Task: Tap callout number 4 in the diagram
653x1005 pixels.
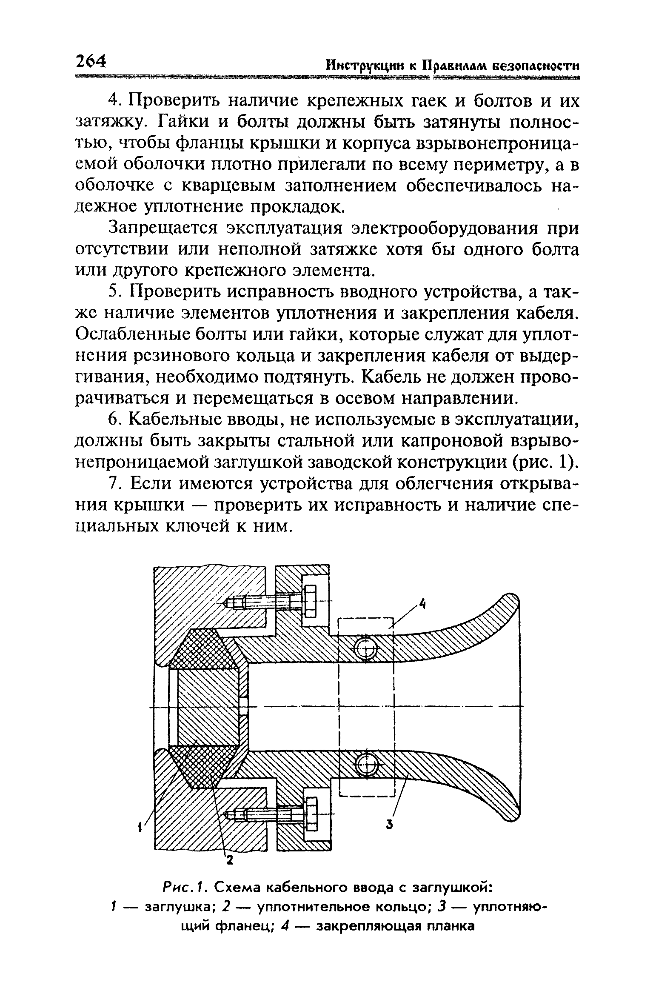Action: point(422,605)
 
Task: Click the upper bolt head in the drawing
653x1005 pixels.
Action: point(310,601)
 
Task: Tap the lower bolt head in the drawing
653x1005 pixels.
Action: point(311,814)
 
